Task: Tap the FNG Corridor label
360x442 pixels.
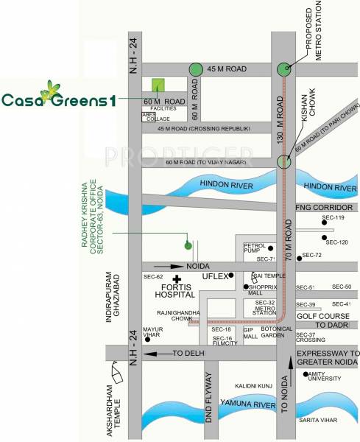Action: (327, 208)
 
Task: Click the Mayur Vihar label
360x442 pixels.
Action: (152, 332)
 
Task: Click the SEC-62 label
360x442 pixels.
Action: (153, 276)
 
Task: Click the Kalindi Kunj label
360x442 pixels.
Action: (254, 385)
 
